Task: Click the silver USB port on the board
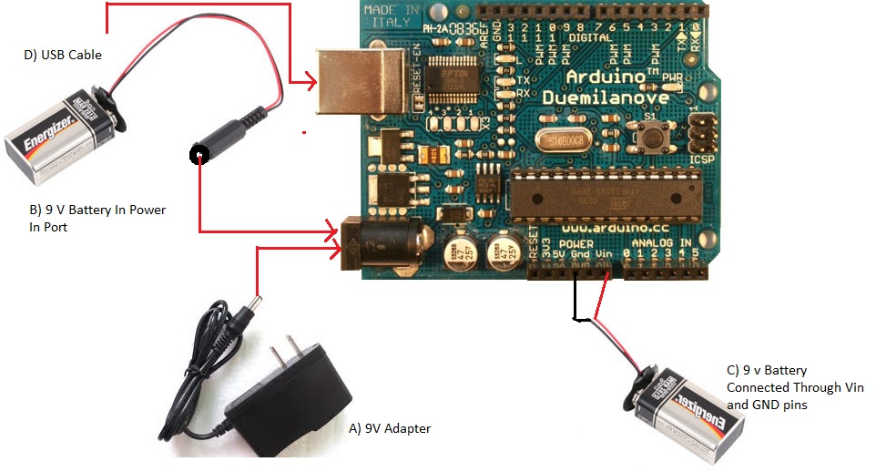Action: pyautogui.click(x=360, y=82)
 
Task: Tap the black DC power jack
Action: pyautogui.click(x=382, y=242)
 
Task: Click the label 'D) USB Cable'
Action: pyautogui.click(x=62, y=55)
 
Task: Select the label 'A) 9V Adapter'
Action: pyautogui.click(x=391, y=428)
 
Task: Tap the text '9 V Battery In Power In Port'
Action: pyautogui.click(x=97, y=218)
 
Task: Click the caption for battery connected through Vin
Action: pyautogui.click(x=793, y=387)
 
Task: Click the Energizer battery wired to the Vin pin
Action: pyautogui.click(x=688, y=405)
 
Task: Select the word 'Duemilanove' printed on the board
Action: pyautogui.click(x=605, y=97)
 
